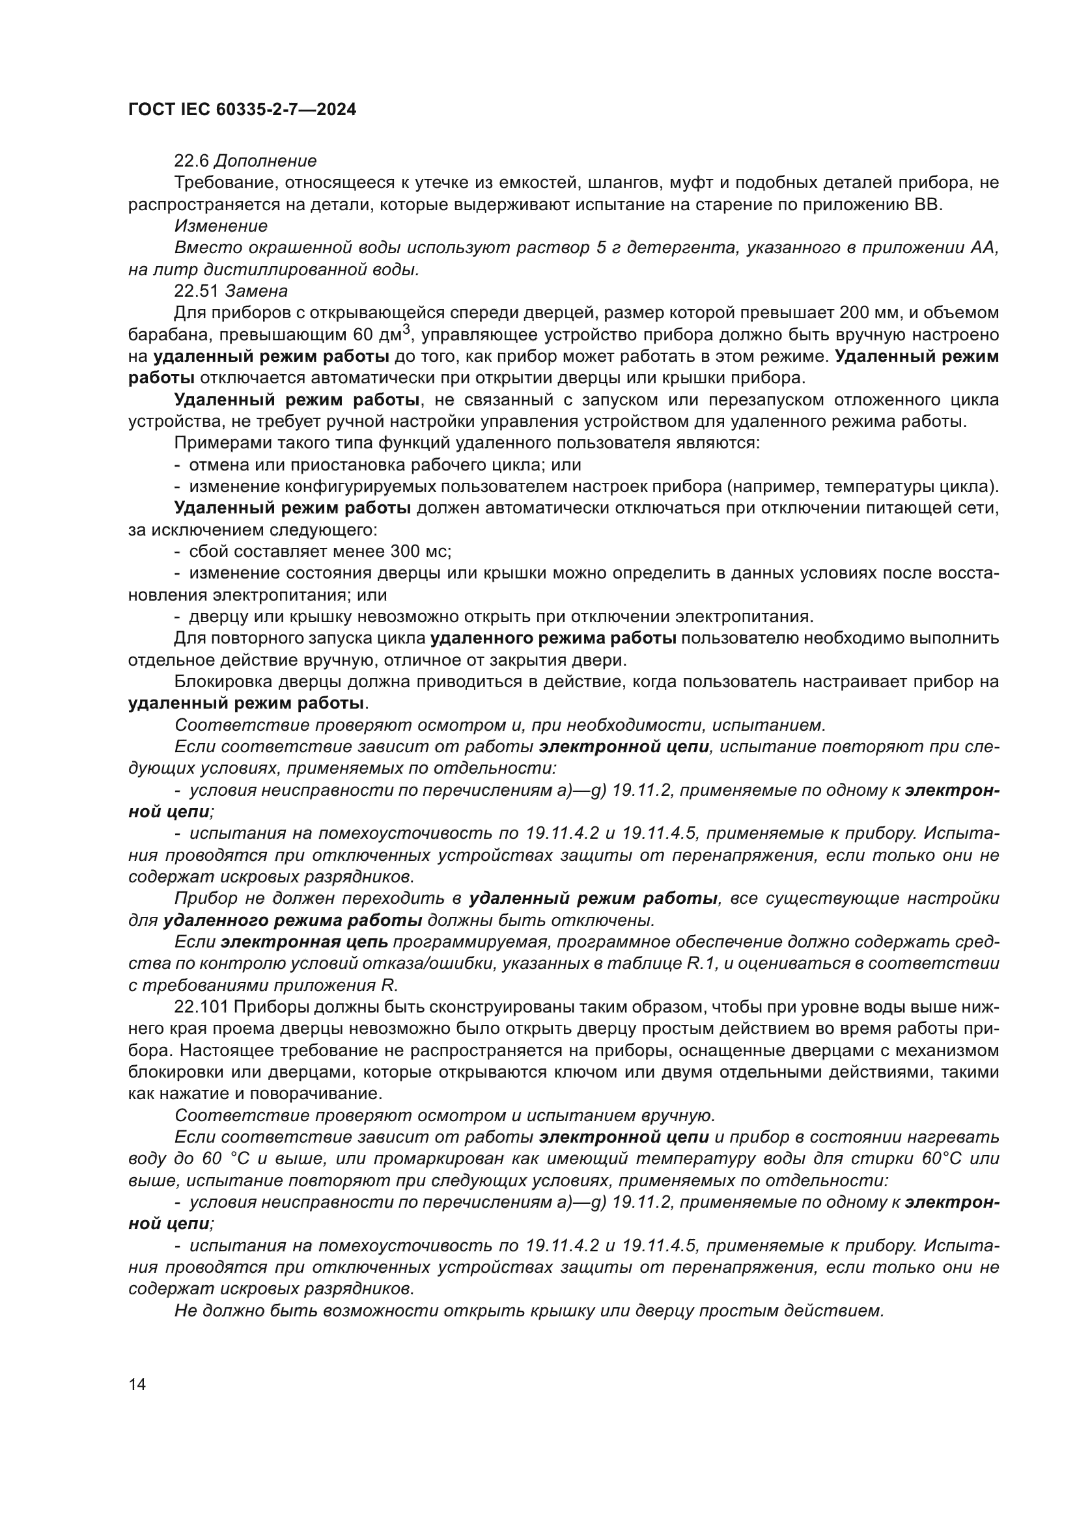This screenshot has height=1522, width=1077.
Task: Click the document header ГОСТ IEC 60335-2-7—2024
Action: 242,110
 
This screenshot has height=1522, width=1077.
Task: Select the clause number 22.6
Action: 191,161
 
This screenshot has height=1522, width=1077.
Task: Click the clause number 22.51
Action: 196,291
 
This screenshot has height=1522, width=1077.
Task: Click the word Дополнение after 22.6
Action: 266,161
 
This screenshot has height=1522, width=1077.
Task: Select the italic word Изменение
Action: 221,226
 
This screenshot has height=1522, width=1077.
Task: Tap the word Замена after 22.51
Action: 257,291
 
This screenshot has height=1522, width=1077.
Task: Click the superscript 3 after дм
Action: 406,329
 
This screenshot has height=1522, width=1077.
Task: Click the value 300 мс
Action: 421,552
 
